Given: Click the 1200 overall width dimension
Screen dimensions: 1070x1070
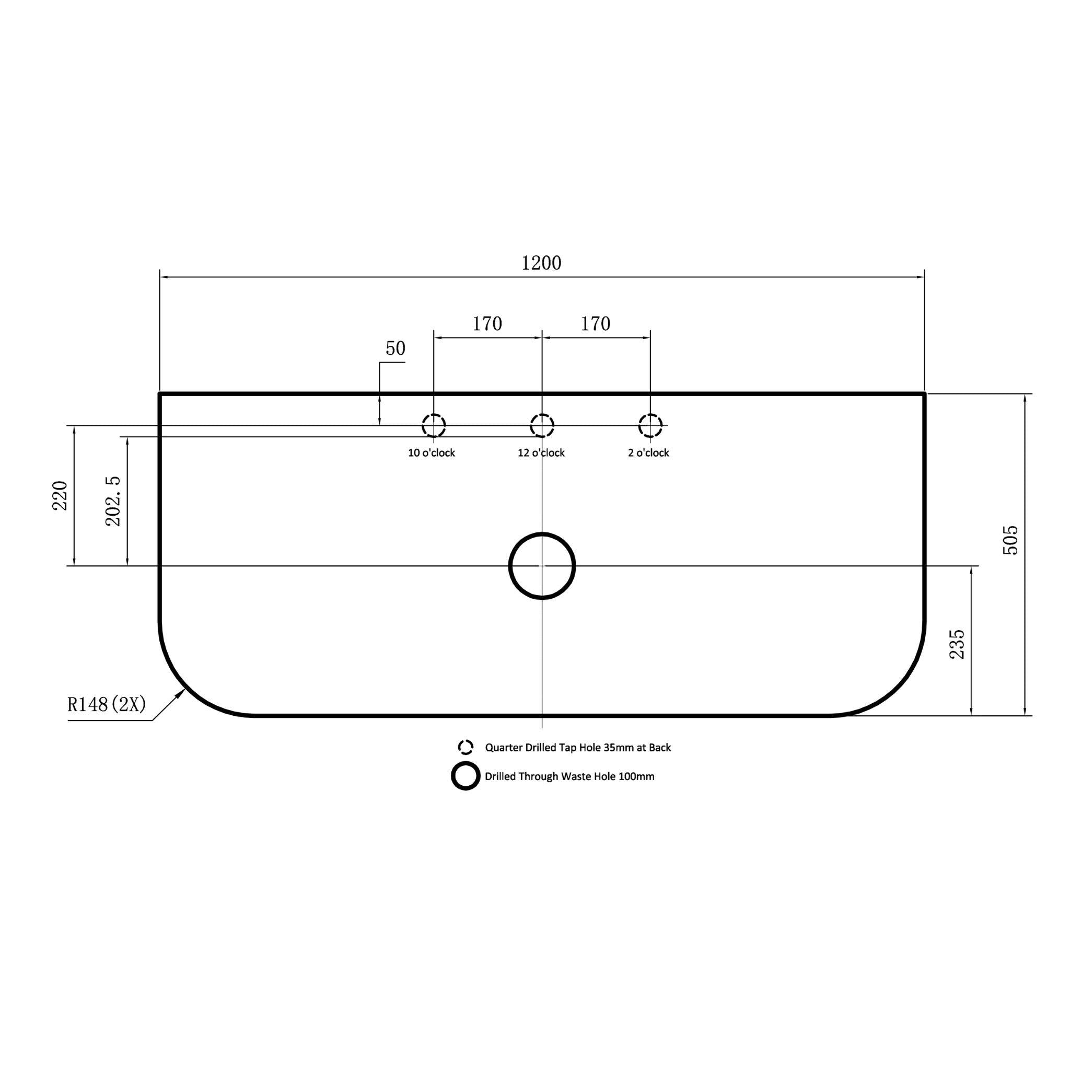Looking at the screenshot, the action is pyautogui.click(x=541, y=263).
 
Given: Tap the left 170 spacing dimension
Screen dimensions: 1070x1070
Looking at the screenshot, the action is pyautogui.click(x=487, y=324).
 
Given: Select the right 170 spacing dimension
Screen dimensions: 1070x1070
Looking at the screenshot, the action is pyautogui.click(x=596, y=324).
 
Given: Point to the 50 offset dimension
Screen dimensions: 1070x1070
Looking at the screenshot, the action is pyautogui.click(x=396, y=348).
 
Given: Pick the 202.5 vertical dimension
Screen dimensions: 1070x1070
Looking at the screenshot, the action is pyautogui.click(x=113, y=501).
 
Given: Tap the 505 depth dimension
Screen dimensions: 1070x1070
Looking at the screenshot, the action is pyautogui.click(x=1011, y=541).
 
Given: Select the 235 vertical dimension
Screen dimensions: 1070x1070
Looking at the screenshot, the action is pyautogui.click(x=958, y=644).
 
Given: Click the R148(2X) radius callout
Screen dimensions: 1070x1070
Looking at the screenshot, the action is pyautogui.click(x=107, y=704).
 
